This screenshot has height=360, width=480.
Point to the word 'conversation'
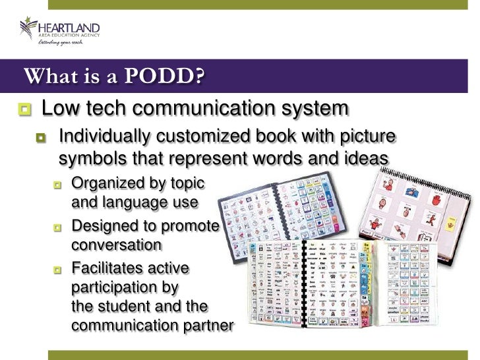[116, 245]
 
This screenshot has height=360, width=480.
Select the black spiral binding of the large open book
[303, 284]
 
